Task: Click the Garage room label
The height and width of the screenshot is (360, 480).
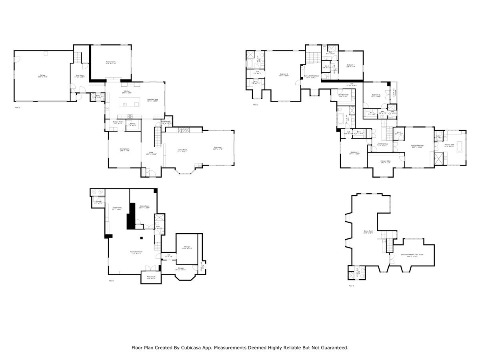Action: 43,76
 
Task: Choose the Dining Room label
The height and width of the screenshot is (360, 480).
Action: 125,150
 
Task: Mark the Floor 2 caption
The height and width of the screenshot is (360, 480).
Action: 17,108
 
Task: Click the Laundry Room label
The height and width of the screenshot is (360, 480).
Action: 338,95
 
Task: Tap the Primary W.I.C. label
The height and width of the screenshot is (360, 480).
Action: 385,162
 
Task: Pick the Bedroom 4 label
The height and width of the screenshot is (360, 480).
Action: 350,66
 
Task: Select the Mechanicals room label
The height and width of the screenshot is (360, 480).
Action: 151,277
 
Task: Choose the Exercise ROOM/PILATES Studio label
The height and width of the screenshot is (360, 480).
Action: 412,256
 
